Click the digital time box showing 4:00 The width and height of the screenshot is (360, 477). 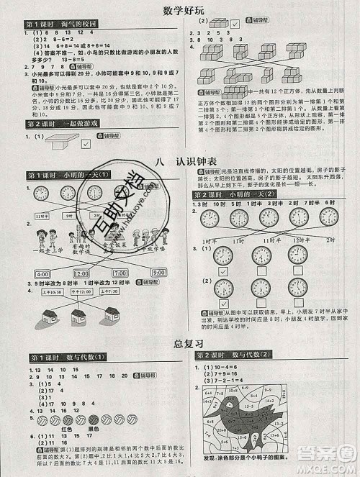coord(42,274)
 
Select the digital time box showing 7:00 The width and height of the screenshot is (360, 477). coord(120,274)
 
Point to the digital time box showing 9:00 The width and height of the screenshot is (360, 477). coord(158,274)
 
